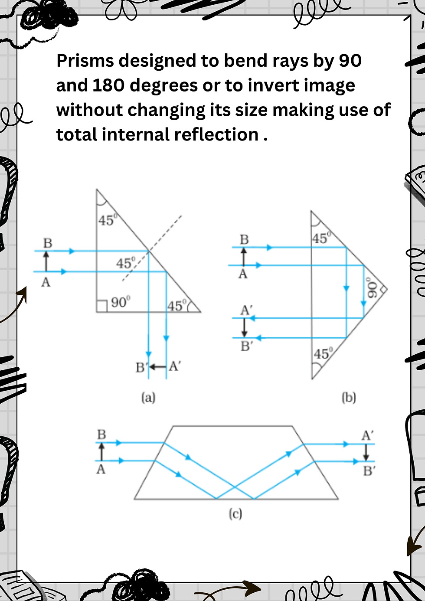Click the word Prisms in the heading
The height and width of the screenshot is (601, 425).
(x=85, y=61)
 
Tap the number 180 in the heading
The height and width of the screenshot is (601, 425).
(x=108, y=85)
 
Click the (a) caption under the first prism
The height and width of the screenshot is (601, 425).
(x=148, y=397)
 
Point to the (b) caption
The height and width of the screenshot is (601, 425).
(x=349, y=397)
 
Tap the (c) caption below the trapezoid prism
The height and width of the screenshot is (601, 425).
(x=235, y=514)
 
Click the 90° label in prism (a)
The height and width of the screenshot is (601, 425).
(x=120, y=302)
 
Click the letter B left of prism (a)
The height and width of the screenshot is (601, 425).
(x=48, y=243)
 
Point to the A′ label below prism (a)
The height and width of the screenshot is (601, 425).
(x=174, y=366)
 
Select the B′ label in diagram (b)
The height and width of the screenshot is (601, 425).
(x=246, y=346)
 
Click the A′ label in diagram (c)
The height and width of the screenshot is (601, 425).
(x=367, y=435)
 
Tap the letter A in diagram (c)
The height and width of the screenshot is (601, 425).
(x=101, y=469)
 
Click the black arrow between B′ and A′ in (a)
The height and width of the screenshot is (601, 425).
(x=157, y=367)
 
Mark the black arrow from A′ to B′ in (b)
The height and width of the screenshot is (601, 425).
(x=245, y=327)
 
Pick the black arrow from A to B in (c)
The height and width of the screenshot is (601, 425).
(x=102, y=451)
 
